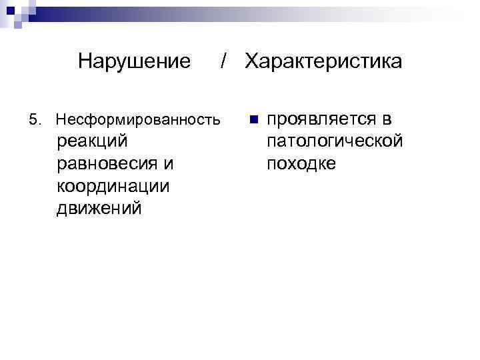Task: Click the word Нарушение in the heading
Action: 134,62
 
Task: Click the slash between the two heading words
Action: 225,62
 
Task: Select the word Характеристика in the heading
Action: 323,62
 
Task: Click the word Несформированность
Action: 138,121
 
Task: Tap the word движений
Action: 99,208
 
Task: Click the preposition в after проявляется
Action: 387,119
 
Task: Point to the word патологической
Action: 334,141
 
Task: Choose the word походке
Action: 301,163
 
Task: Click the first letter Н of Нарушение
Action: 84,62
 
